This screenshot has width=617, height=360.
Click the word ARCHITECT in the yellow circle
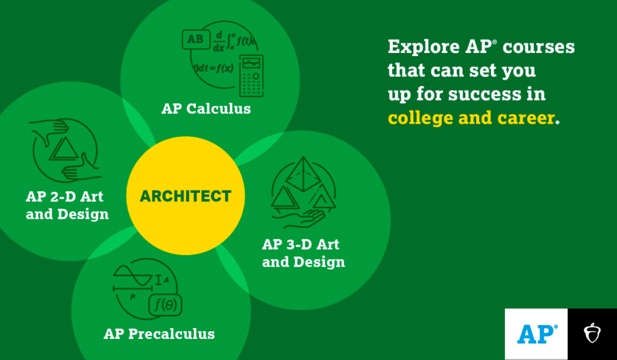click(186, 196)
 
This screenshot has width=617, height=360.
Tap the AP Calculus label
click(206, 109)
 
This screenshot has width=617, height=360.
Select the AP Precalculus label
click(159, 334)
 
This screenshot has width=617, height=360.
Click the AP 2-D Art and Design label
click(67, 205)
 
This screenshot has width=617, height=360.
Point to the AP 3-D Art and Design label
click(304, 253)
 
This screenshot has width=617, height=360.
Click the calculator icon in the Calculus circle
click(251, 75)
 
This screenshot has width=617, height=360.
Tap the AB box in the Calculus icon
click(196, 39)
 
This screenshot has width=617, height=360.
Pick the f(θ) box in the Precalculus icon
click(165, 305)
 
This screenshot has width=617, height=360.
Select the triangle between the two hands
click(64, 150)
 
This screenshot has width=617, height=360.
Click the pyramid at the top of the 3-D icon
click(304, 174)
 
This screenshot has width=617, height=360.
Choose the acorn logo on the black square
click(592, 333)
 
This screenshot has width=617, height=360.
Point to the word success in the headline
click(481, 95)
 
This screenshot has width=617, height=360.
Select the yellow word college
click(419, 118)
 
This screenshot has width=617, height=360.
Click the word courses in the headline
click(539, 48)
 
